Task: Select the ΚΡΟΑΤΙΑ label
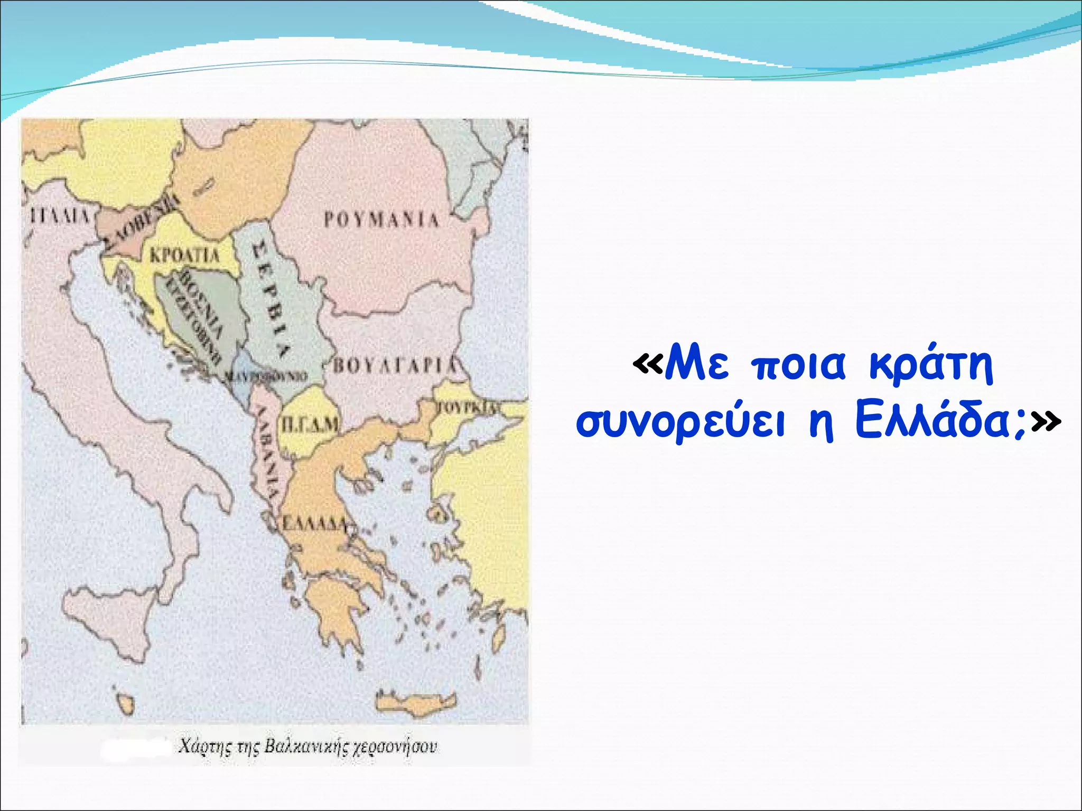184,256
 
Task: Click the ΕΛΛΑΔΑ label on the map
314,523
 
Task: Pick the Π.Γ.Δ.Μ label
309,424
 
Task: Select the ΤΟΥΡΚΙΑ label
468,407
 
